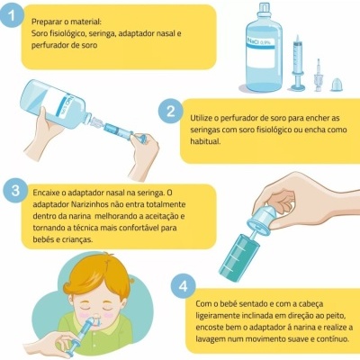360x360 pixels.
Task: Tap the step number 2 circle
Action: click(x=170, y=112)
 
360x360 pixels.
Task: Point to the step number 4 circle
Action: click(x=184, y=285)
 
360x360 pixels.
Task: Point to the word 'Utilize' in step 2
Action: click(x=205, y=118)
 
